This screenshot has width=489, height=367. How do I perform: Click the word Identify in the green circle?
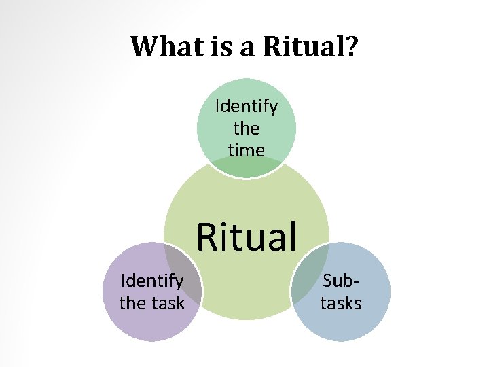[x=246, y=107]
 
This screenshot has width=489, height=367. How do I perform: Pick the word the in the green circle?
[x=246, y=128]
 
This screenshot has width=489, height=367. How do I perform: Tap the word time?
[x=246, y=150]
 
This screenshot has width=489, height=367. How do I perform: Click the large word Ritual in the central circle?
[x=247, y=237]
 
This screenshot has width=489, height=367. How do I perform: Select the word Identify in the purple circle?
[x=151, y=281]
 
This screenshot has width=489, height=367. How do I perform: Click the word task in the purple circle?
[x=168, y=302]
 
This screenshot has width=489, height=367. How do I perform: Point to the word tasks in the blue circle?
[x=341, y=302]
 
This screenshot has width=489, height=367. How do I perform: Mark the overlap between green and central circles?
[x=246, y=167]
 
